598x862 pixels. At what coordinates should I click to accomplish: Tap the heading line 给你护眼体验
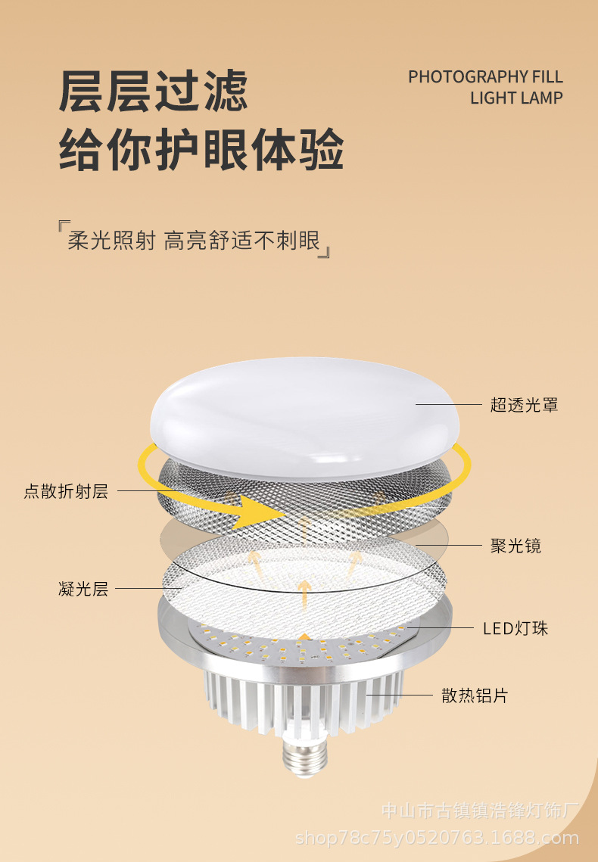pyautogui.click(x=201, y=150)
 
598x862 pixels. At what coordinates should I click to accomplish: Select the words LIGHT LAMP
pyautogui.click(x=516, y=98)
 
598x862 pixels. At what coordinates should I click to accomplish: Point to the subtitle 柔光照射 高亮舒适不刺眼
pyautogui.click(x=194, y=241)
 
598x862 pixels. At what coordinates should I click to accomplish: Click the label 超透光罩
pyautogui.click(x=524, y=405)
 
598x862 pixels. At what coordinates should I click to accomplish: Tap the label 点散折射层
pyautogui.click(x=66, y=491)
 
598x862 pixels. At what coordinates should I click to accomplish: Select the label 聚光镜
pyautogui.click(x=515, y=546)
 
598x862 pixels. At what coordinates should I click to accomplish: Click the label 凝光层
pyautogui.click(x=83, y=589)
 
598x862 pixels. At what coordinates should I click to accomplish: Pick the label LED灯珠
pyautogui.click(x=515, y=628)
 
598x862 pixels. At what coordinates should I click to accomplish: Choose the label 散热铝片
pyautogui.click(x=475, y=696)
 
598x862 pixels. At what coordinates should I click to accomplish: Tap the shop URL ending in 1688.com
pyautogui.click(x=437, y=838)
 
